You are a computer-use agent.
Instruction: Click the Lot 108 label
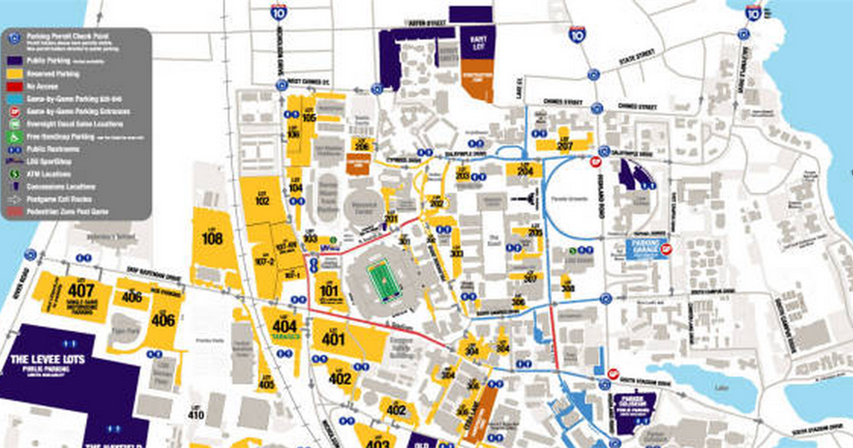(x=212, y=237)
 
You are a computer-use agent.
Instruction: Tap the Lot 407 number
(x=81, y=290)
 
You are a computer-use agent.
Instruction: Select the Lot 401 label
(x=334, y=338)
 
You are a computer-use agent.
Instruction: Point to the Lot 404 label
(x=285, y=326)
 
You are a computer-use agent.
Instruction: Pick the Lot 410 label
(x=195, y=413)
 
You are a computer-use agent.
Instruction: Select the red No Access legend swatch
(x=14, y=84)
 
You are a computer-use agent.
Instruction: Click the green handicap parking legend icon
(x=14, y=136)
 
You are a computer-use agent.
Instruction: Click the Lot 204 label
(x=525, y=171)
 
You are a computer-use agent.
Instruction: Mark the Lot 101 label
(x=328, y=289)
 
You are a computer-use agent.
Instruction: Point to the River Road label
(x=17, y=286)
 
